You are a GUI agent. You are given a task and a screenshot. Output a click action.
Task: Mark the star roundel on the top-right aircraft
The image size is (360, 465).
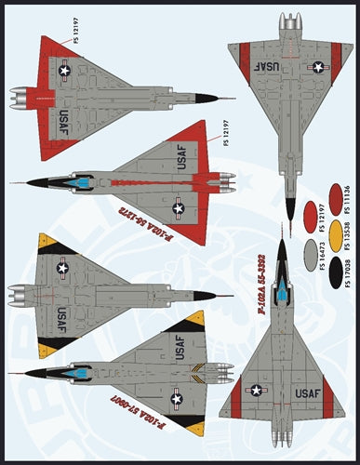319,67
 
